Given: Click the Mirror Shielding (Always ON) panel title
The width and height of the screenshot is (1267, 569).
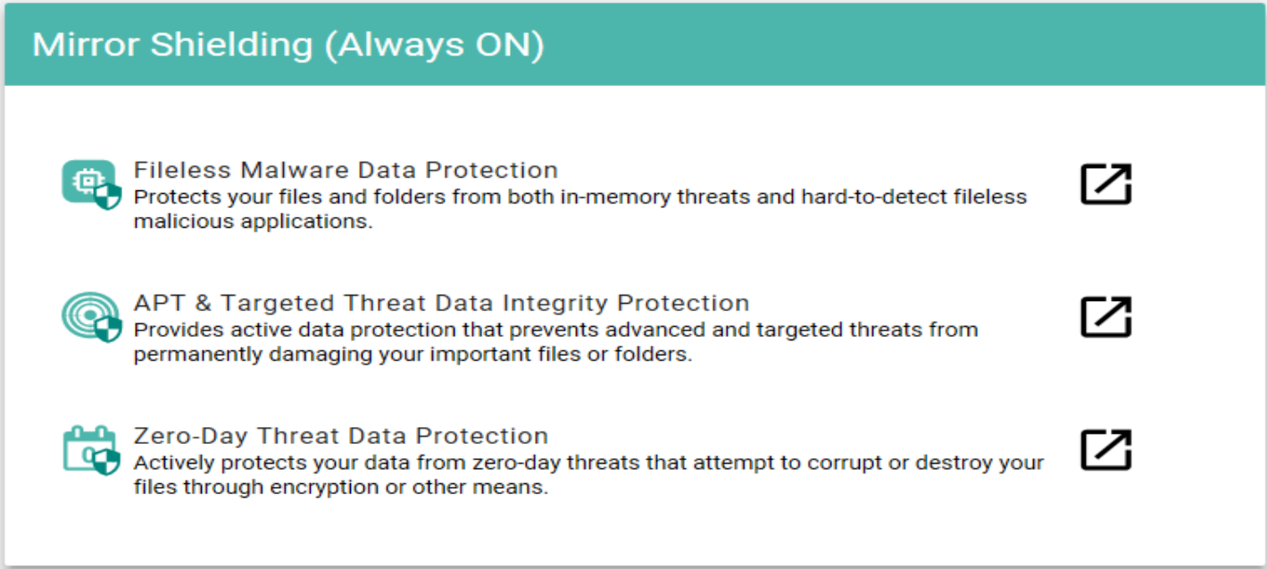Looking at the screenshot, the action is (x=288, y=46).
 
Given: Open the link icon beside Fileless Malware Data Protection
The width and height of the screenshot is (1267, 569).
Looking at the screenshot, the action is (x=1106, y=184).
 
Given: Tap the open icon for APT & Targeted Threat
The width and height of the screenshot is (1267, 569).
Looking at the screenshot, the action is (x=1106, y=317).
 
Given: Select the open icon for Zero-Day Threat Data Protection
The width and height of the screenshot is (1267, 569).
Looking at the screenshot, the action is (x=1106, y=449).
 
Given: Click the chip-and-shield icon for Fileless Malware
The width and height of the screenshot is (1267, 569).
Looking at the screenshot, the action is (x=91, y=184).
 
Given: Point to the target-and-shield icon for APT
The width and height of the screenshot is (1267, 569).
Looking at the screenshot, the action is (x=91, y=317).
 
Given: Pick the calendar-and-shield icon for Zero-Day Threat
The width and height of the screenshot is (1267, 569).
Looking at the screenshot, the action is (x=91, y=450).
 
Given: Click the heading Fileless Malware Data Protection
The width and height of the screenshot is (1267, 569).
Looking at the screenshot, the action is (x=346, y=170).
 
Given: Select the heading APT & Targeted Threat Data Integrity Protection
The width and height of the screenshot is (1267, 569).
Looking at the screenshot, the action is (x=441, y=303).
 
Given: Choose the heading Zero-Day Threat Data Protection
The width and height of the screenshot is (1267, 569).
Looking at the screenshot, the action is (x=340, y=436).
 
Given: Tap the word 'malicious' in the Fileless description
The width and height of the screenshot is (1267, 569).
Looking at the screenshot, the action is (x=184, y=222).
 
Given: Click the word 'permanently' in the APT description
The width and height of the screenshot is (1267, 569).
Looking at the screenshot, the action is (x=198, y=355).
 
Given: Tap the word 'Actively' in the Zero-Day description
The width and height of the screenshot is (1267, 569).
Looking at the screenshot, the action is (x=174, y=464).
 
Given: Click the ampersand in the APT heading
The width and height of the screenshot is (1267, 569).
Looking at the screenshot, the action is (x=203, y=303).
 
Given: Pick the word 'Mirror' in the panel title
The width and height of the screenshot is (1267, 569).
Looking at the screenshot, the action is (x=86, y=45).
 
